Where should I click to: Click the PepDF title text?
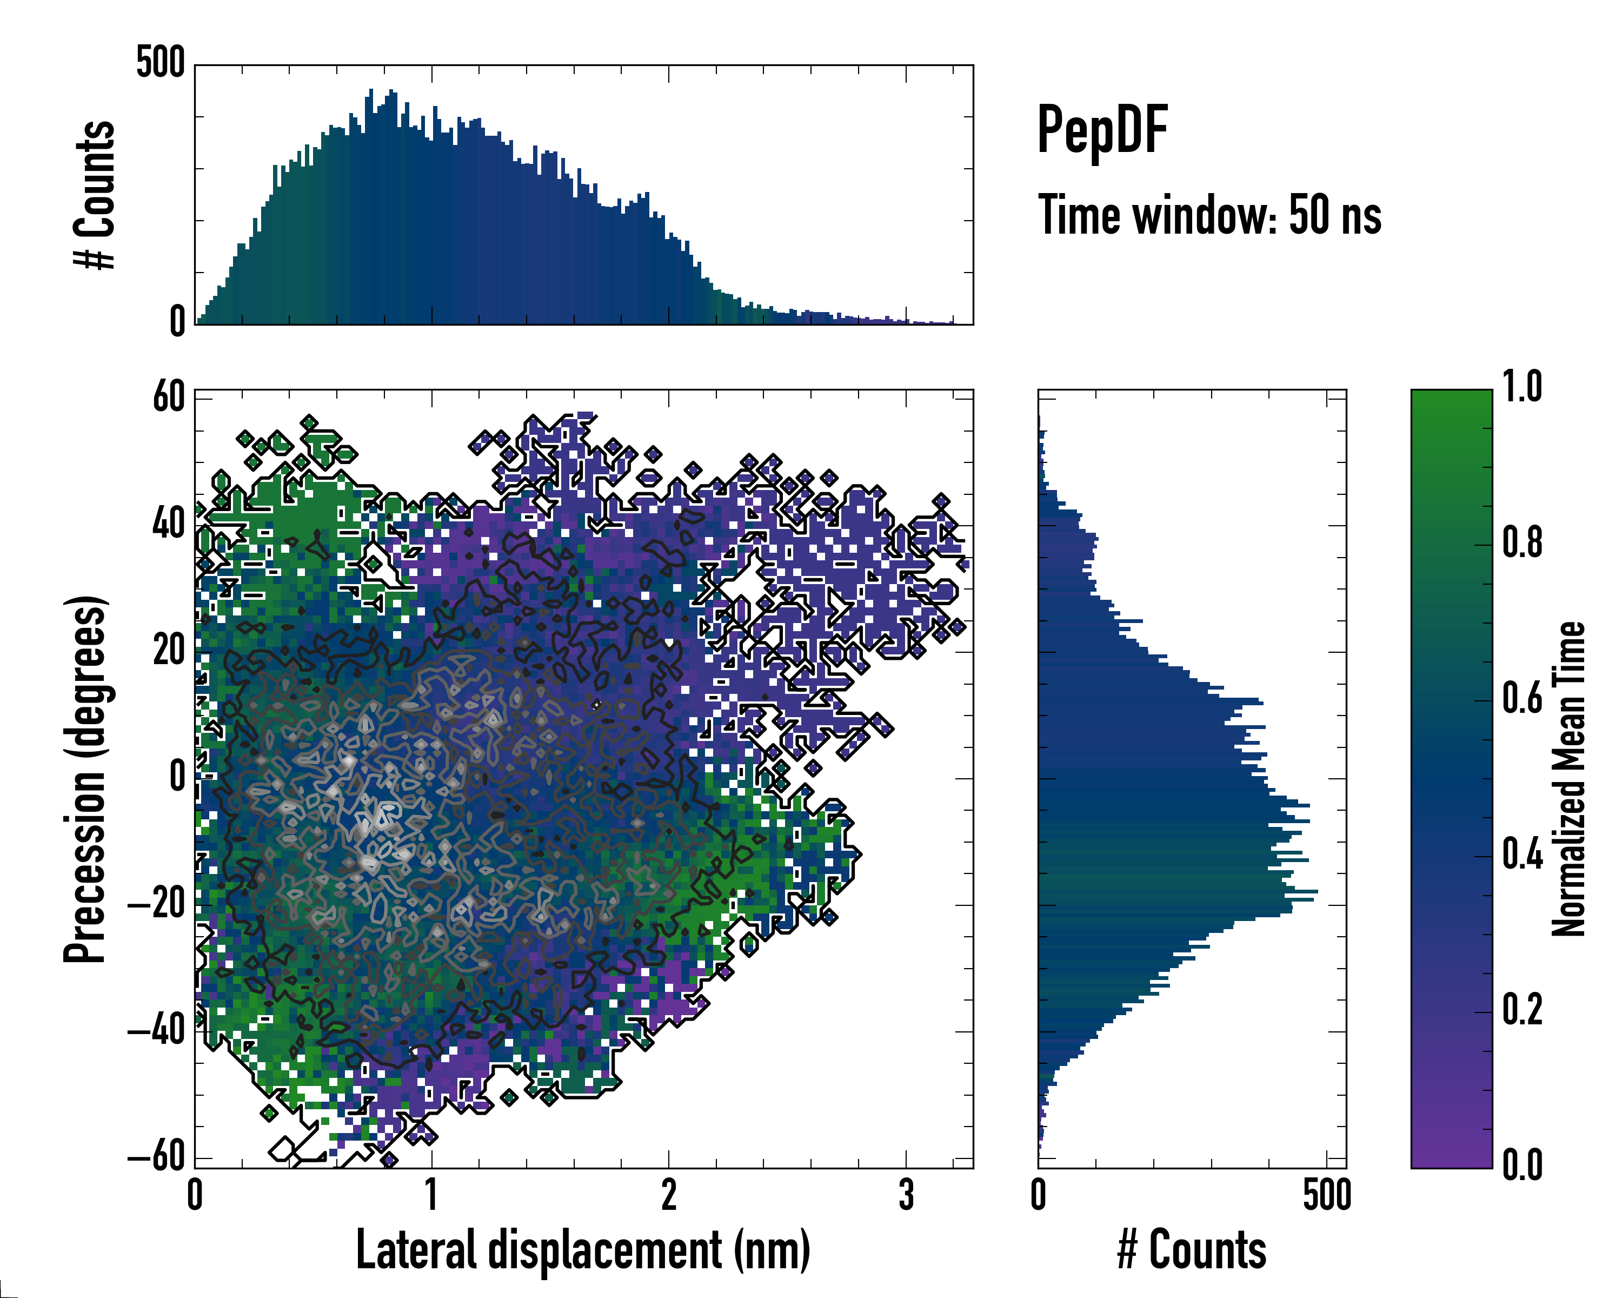point(1101,130)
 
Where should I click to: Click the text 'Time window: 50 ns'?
point(1209,215)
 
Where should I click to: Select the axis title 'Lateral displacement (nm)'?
point(583,1250)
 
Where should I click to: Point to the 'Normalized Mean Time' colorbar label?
point(1568,779)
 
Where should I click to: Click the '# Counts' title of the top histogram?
point(95,195)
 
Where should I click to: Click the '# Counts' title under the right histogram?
point(1192,1250)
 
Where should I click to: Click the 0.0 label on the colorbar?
point(1522,1165)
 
